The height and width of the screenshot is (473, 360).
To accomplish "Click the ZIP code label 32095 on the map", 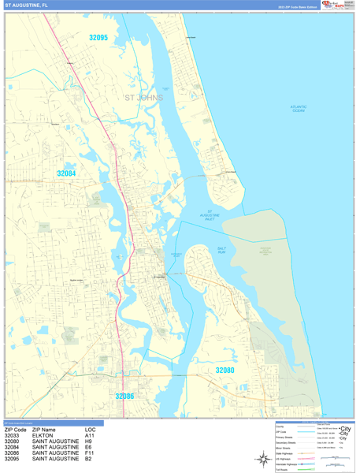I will point(98,37).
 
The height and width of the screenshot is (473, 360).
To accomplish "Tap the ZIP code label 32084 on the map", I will point(66,173).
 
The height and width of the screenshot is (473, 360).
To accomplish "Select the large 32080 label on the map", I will point(225,370).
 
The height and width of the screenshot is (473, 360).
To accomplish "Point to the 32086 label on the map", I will point(124,397).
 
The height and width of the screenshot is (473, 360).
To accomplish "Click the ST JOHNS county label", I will point(144,99).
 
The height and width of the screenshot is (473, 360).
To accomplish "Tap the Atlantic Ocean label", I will point(298,109).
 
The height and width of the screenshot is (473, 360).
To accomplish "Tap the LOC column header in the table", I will point(90,430).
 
